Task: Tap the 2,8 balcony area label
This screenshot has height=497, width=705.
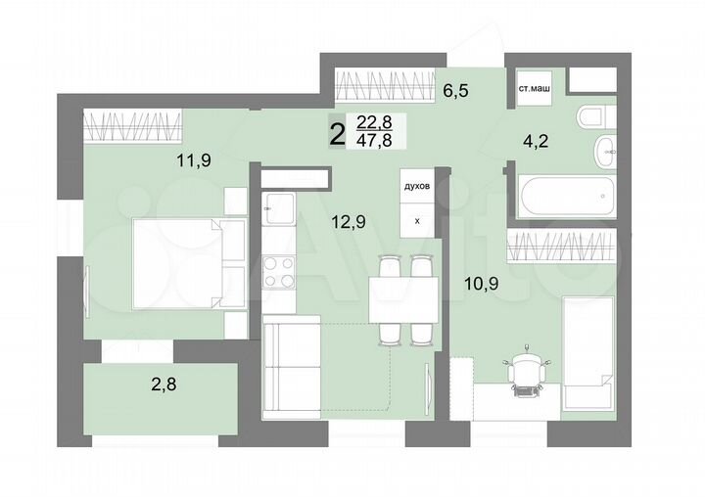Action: (165, 384)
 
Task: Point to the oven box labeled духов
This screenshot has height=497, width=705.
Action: (417, 186)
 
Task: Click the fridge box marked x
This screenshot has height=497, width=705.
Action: (417, 221)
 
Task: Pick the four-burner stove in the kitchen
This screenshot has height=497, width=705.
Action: (279, 271)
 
